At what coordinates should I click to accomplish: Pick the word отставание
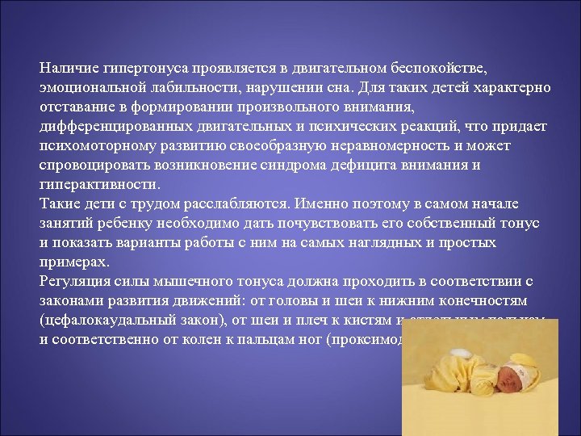77,107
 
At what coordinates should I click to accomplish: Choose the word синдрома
324,166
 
